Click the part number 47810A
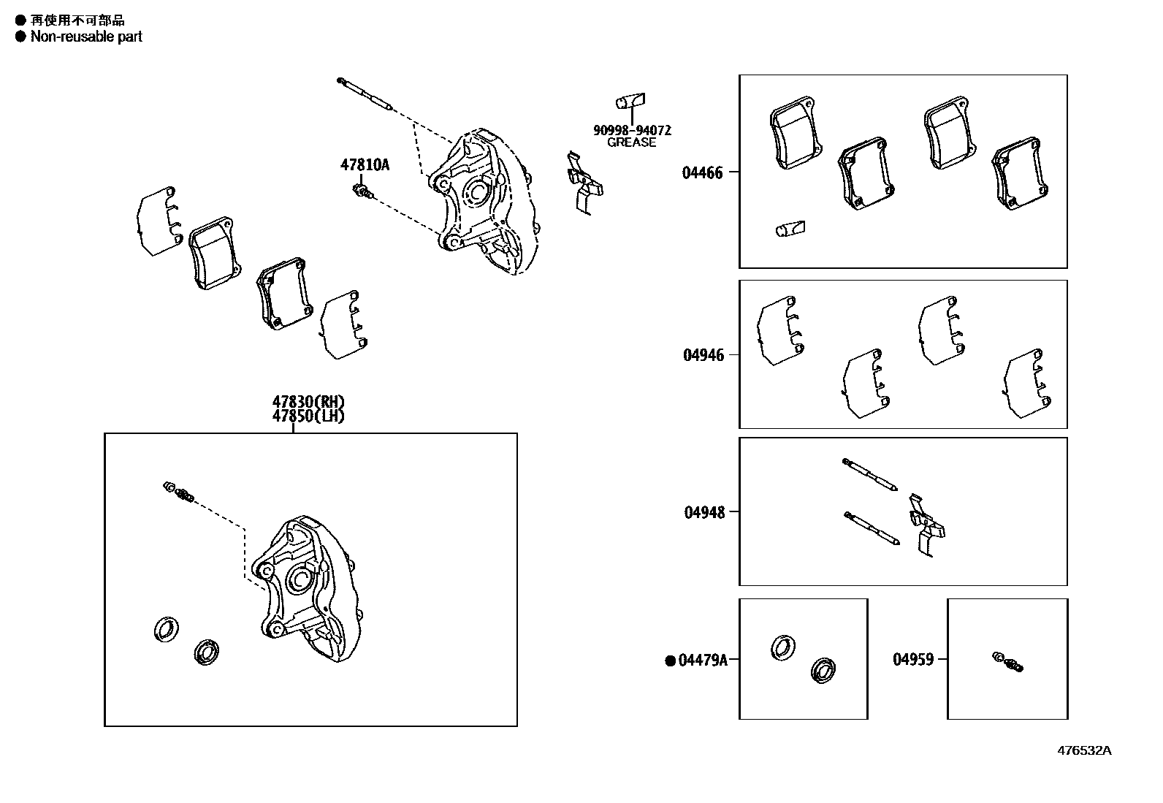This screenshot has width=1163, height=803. point(365,165)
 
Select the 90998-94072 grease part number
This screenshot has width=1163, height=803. point(631,130)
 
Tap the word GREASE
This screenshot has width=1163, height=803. point(631,142)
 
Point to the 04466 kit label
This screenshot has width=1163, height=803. point(702,173)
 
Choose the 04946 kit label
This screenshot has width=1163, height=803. point(703,355)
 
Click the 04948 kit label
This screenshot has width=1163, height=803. point(704,512)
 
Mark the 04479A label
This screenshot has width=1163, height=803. point(703,661)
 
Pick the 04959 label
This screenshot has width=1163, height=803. point(912,659)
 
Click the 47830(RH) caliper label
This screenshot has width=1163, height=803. point(308,402)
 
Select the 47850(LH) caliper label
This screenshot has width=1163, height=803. point(308,416)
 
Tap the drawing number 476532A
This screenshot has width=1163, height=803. point(1085,750)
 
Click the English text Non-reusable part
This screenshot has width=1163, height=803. point(86,37)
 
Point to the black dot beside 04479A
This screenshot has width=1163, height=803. point(670,661)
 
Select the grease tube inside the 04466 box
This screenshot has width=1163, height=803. point(790,229)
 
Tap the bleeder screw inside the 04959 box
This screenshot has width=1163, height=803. point(1008,661)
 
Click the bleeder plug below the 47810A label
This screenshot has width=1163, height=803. point(362,191)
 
